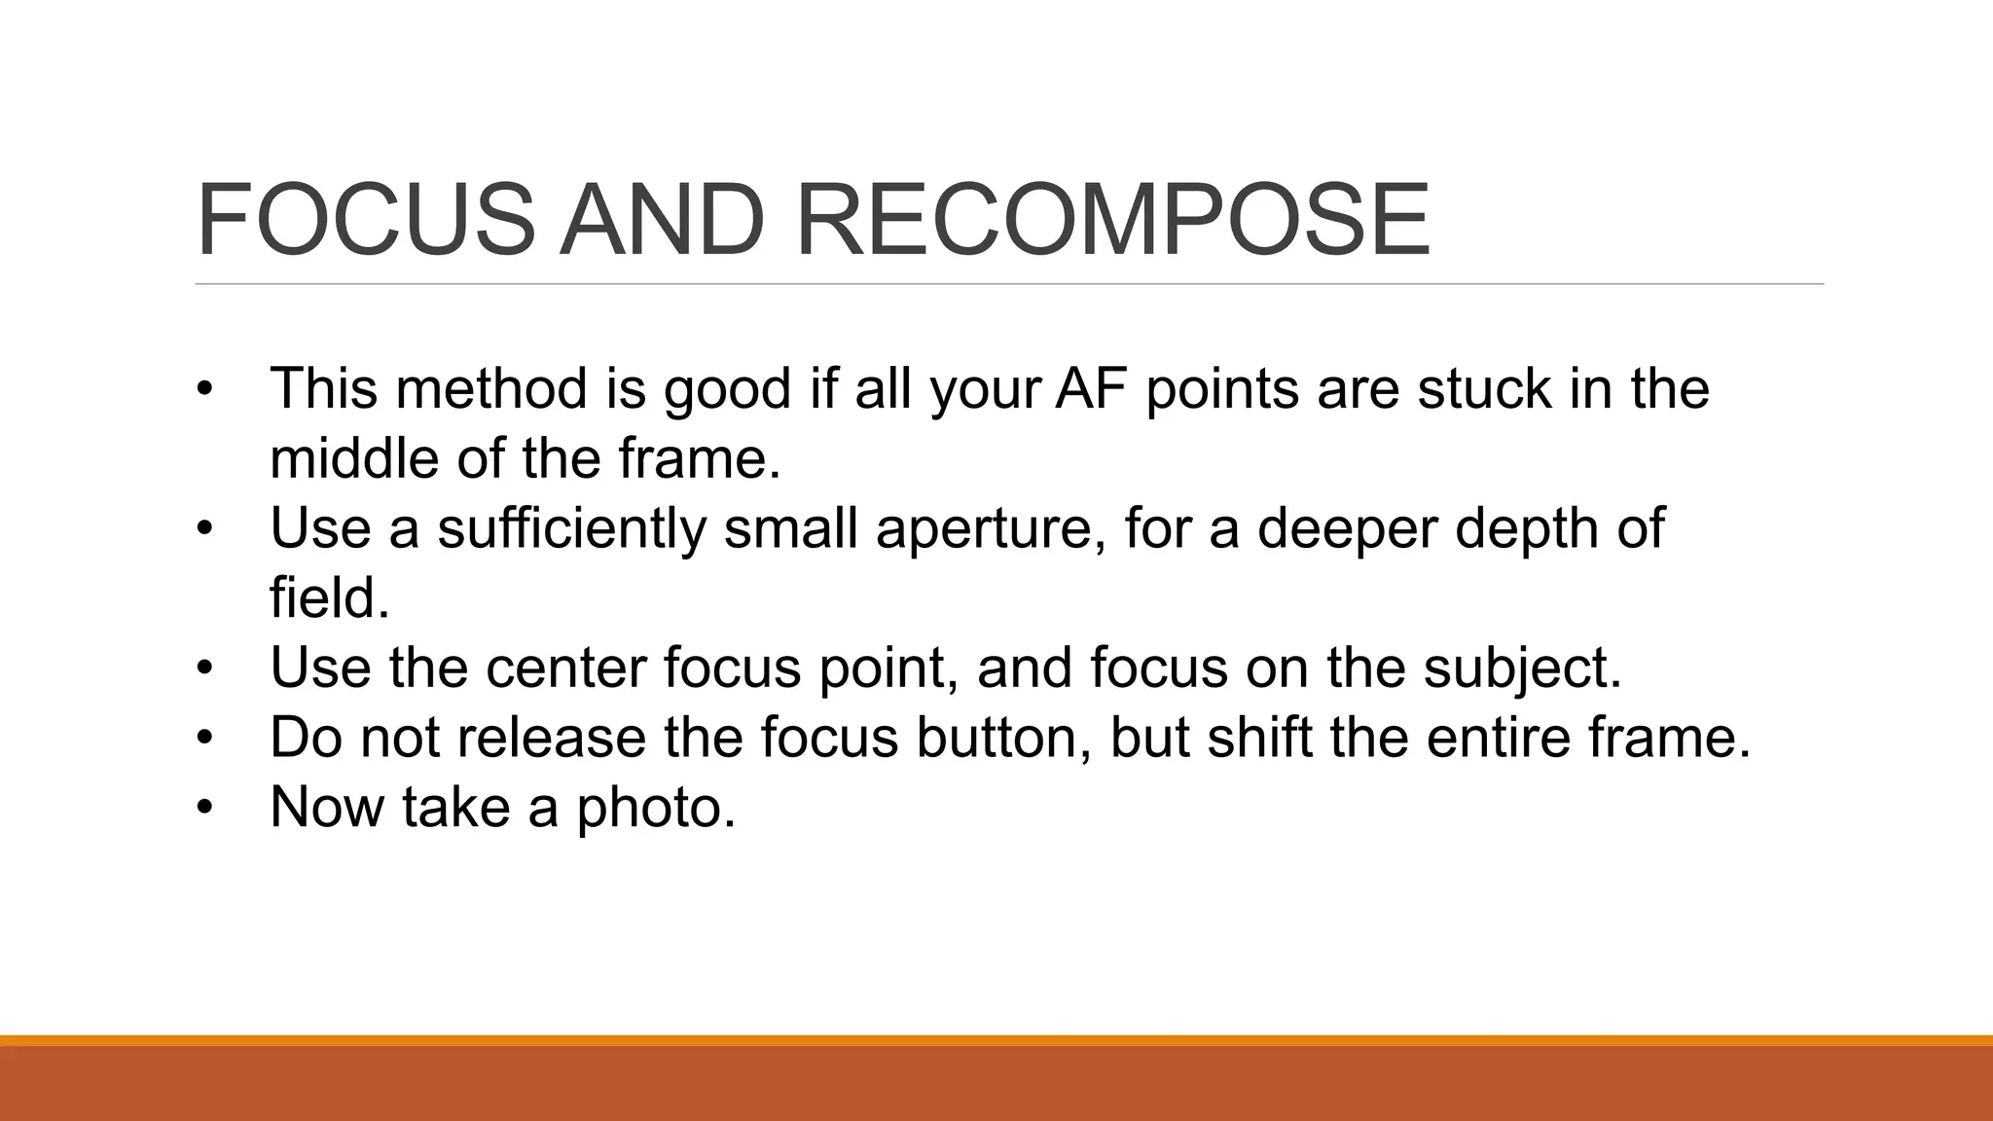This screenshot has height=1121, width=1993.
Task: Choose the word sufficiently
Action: tap(571, 528)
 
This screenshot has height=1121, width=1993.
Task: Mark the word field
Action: tap(329, 597)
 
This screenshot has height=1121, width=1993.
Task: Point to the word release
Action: tap(552, 738)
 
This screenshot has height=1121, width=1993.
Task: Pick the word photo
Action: tap(656, 809)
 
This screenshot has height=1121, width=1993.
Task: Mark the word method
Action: tap(492, 388)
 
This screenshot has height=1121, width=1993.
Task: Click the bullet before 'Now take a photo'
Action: tap(203, 808)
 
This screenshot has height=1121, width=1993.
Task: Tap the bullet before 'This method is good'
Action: tap(203, 388)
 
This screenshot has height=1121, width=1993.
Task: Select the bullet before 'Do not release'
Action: tap(203, 738)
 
